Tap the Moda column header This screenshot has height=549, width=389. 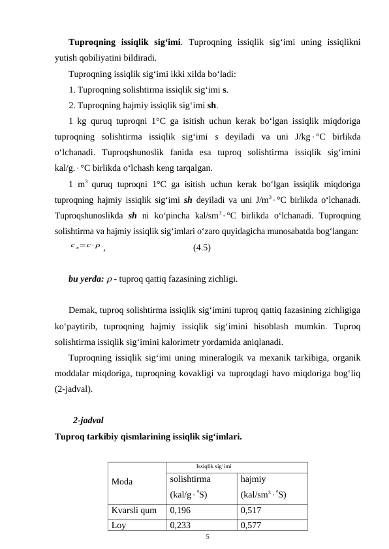[123, 482]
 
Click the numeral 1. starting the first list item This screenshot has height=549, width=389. [72, 89]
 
